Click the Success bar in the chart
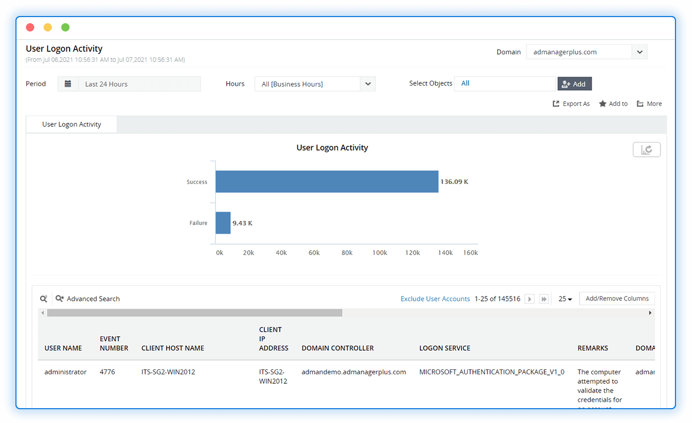pyautogui.click(x=327, y=182)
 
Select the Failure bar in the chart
pyautogui.click(x=223, y=223)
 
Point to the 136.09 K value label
pyautogui.click(x=454, y=182)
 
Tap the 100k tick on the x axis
pyautogui.click(x=380, y=253)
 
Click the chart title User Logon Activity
pyautogui.click(x=332, y=148)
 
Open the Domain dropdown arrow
pyautogui.click(x=640, y=52)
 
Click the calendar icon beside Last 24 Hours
pyautogui.click(x=68, y=84)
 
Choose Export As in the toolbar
pyautogui.click(x=571, y=104)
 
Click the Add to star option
pyautogui.click(x=613, y=104)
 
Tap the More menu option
pyautogui.click(x=649, y=104)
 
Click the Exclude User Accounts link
pyautogui.click(x=435, y=299)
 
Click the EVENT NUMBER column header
pyautogui.click(x=114, y=343)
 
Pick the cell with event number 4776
pyautogui.click(x=107, y=372)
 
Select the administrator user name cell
pyautogui.click(x=66, y=372)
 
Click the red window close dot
pyautogui.click(x=30, y=28)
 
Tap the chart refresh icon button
pyautogui.click(x=646, y=150)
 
